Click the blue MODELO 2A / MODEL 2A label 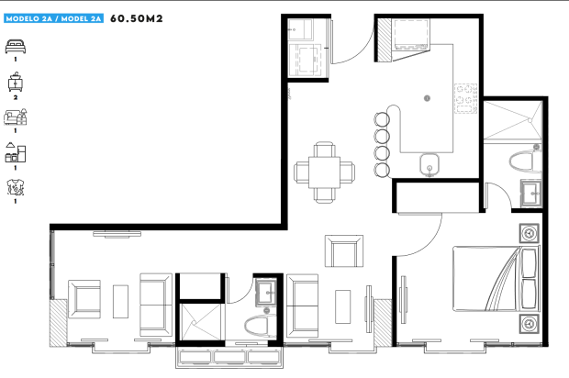tap(54, 18)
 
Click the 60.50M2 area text tap(137, 18)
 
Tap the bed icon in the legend tap(16, 47)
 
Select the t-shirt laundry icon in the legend tap(16, 187)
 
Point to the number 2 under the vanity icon tap(16, 97)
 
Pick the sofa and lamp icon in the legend tap(16, 117)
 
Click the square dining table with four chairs tap(324, 172)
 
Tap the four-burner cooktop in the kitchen tap(465, 98)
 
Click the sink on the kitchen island tap(430, 165)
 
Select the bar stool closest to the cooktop tap(382, 119)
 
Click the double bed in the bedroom tap(496, 279)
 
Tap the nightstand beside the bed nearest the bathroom tap(530, 233)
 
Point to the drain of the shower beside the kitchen tap(530, 120)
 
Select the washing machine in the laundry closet tap(305, 61)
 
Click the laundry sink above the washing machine tap(300, 29)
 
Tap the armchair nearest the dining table tap(344, 251)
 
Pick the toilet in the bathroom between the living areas tap(259, 326)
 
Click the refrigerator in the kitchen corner tap(411, 35)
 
